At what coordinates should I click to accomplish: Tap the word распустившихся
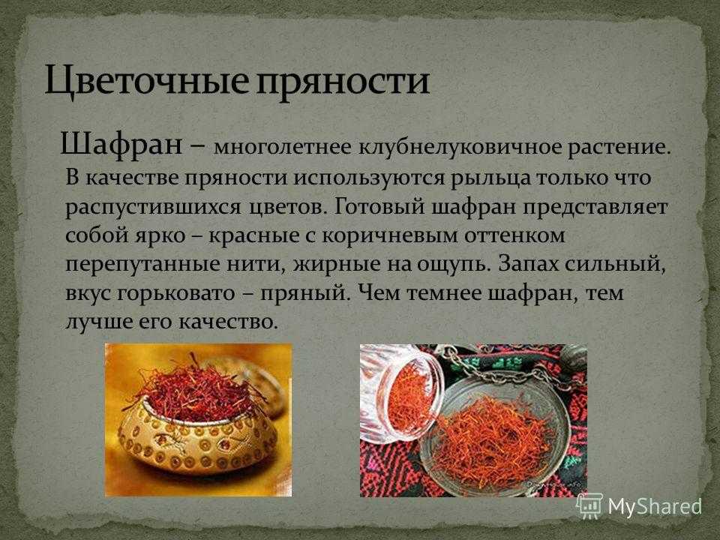(x=153, y=208)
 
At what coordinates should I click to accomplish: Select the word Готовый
(x=380, y=206)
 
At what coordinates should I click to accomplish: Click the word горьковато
(x=176, y=294)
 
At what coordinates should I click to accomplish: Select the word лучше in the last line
(x=99, y=322)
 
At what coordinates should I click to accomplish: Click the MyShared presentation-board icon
(x=590, y=506)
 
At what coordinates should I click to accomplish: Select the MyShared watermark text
(x=655, y=506)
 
